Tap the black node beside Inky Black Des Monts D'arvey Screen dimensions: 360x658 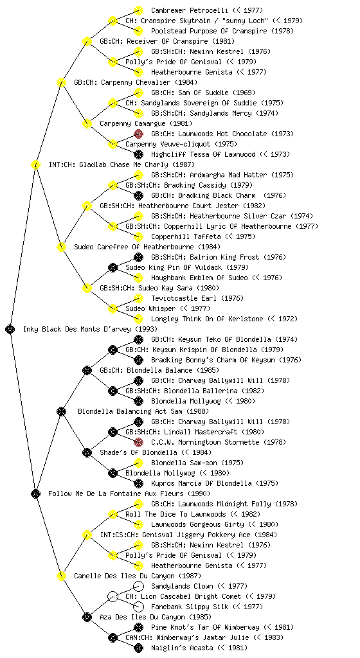(10, 329)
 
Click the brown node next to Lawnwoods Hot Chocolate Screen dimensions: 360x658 (138, 134)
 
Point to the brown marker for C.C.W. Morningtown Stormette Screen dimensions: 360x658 (138, 442)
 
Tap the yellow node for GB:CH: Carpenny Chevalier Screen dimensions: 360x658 (61, 82)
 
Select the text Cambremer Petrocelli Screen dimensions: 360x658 (190, 10)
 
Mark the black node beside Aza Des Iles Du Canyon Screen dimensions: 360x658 (87, 617)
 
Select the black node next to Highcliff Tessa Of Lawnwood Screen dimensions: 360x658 (138, 154)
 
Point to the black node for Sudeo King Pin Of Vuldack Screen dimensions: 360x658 (113, 267)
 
